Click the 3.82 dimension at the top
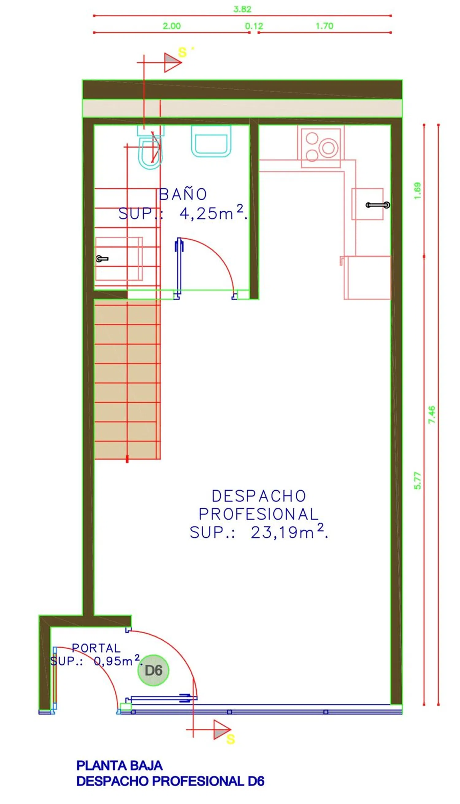click(x=242, y=9)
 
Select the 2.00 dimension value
click(x=171, y=26)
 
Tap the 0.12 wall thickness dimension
click(x=254, y=26)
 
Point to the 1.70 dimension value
click(x=324, y=26)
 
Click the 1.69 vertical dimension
click(x=417, y=191)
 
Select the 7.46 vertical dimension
click(x=431, y=414)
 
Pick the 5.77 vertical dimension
click(x=417, y=480)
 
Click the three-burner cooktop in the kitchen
click(x=321, y=148)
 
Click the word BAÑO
click(x=183, y=194)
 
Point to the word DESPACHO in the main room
click(x=259, y=496)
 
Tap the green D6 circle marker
click(x=153, y=670)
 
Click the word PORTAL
click(x=96, y=648)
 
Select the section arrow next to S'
click(x=172, y=63)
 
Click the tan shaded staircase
click(x=126, y=379)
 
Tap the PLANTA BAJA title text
click(x=119, y=765)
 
